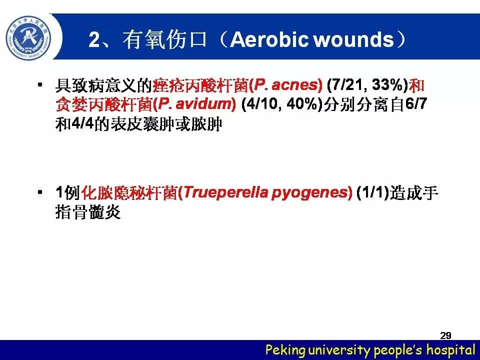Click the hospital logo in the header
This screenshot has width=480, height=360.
click(29, 38)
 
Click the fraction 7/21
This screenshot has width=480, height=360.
click(344, 85)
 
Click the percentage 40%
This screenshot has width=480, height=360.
click(303, 104)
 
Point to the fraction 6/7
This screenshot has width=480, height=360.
click(416, 104)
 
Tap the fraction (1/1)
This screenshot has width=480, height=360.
click(372, 192)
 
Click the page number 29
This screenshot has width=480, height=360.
click(445, 335)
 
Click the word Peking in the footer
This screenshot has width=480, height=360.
click(285, 350)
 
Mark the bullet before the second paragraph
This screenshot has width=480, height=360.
click(40, 192)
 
